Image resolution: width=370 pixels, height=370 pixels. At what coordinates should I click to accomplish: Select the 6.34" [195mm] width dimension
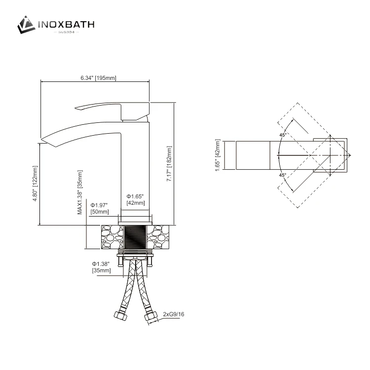click(98, 77)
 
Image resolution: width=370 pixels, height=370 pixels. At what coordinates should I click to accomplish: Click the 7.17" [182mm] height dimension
click(169, 164)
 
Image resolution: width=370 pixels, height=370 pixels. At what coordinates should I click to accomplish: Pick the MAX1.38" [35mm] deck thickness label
click(80, 192)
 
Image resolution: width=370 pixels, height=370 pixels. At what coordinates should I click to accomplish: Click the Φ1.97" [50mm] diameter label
click(99, 208)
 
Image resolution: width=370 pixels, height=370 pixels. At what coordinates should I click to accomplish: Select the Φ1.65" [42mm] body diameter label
click(136, 199)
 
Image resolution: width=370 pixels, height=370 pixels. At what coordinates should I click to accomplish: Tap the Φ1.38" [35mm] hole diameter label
click(101, 267)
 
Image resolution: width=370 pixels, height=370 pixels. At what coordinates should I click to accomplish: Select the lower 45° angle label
click(283, 175)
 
